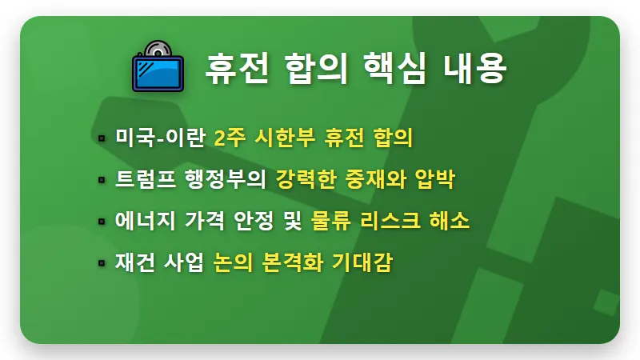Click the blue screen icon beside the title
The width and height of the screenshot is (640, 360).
[x=158, y=67]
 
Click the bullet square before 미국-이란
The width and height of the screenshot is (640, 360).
[x=102, y=138]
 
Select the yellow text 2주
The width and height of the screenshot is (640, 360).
[x=229, y=138]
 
